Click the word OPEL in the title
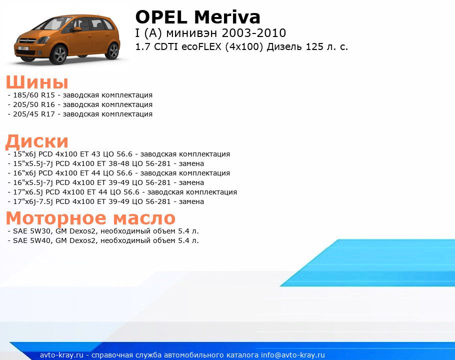tap(161, 17)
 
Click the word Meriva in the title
tap(227, 17)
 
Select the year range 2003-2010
tap(254, 33)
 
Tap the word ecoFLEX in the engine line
tap(201, 46)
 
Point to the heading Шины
tap(37, 82)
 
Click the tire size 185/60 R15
tap(34, 95)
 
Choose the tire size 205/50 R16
tap(34, 104)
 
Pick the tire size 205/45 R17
tap(34, 114)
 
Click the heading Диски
tap(37, 141)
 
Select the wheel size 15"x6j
tap(24, 154)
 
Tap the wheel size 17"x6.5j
tap(28, 192)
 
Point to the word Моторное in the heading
tap(56, 218)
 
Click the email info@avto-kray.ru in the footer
tap(293, 355)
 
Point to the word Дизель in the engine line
tap(284, 46)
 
